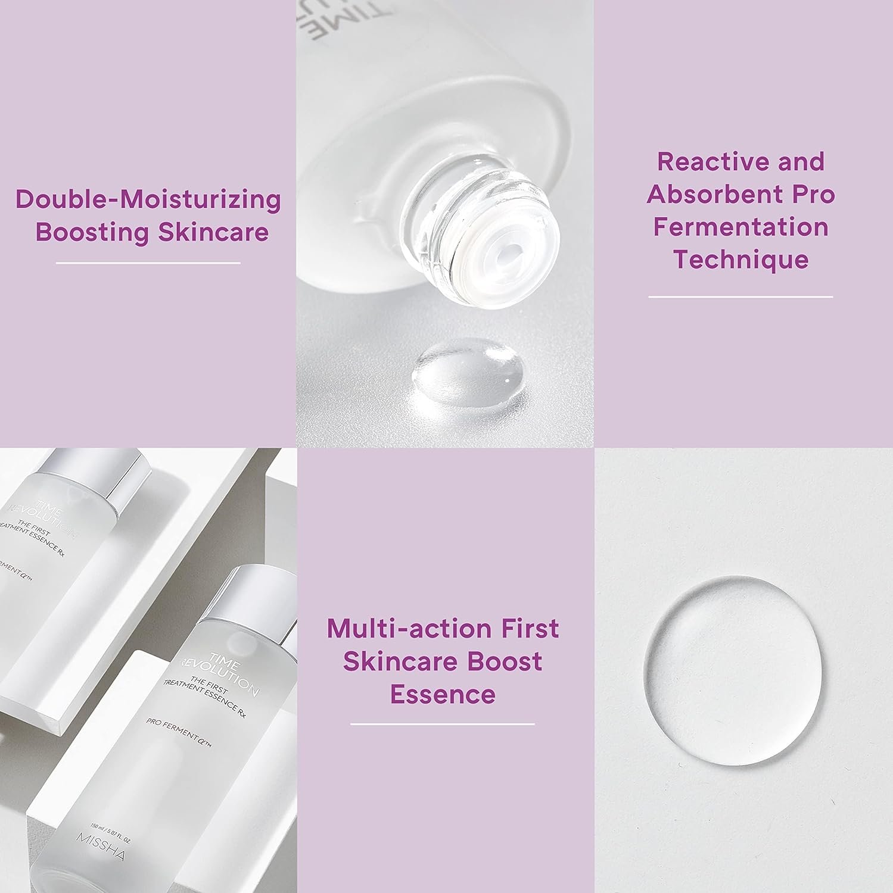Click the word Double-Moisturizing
click(x=148, y=199)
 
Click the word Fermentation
click(x=740, y=227)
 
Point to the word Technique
click(x=740, y=260)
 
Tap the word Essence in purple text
click(x=443, y=694)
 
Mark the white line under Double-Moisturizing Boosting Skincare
click(x=148, y=263)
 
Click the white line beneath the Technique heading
click(x=740, y=296)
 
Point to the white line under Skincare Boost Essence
click(x=443, y=724)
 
